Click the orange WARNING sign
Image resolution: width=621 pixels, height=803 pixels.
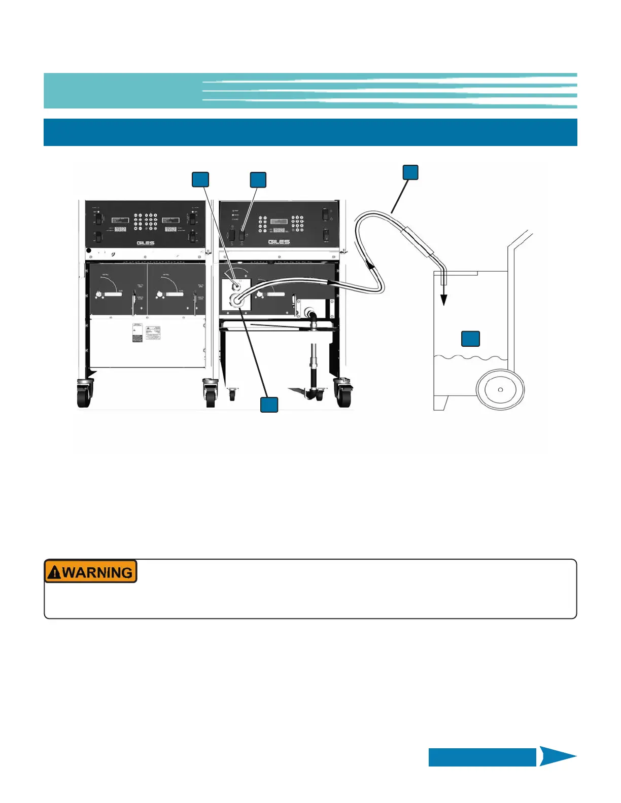click(91, 571)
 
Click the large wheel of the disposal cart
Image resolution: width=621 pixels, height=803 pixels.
click(500, 389)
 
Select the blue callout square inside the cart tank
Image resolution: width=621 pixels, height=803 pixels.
click(470, 339)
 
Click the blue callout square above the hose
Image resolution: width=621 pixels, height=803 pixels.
click(410, 172)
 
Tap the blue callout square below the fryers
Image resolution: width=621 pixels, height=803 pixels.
click(269, 405)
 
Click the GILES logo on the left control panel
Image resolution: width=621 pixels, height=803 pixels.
click(146, 243)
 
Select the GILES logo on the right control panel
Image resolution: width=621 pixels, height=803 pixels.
click(279, 242)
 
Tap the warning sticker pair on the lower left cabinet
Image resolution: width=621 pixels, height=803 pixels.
click(146, 333)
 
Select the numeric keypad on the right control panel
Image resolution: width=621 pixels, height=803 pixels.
click(297, 224)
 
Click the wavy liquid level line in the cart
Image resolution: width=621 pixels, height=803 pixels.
click(470, 358)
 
